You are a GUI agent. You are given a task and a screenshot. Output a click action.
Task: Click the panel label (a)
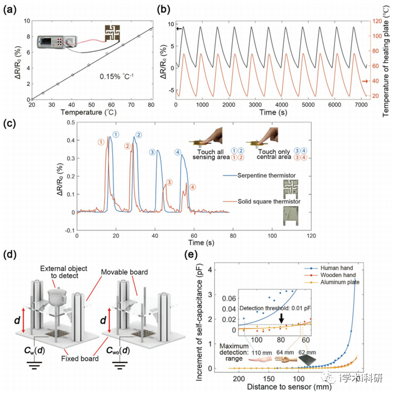11,9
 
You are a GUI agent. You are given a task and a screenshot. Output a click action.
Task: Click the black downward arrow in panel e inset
281,319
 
